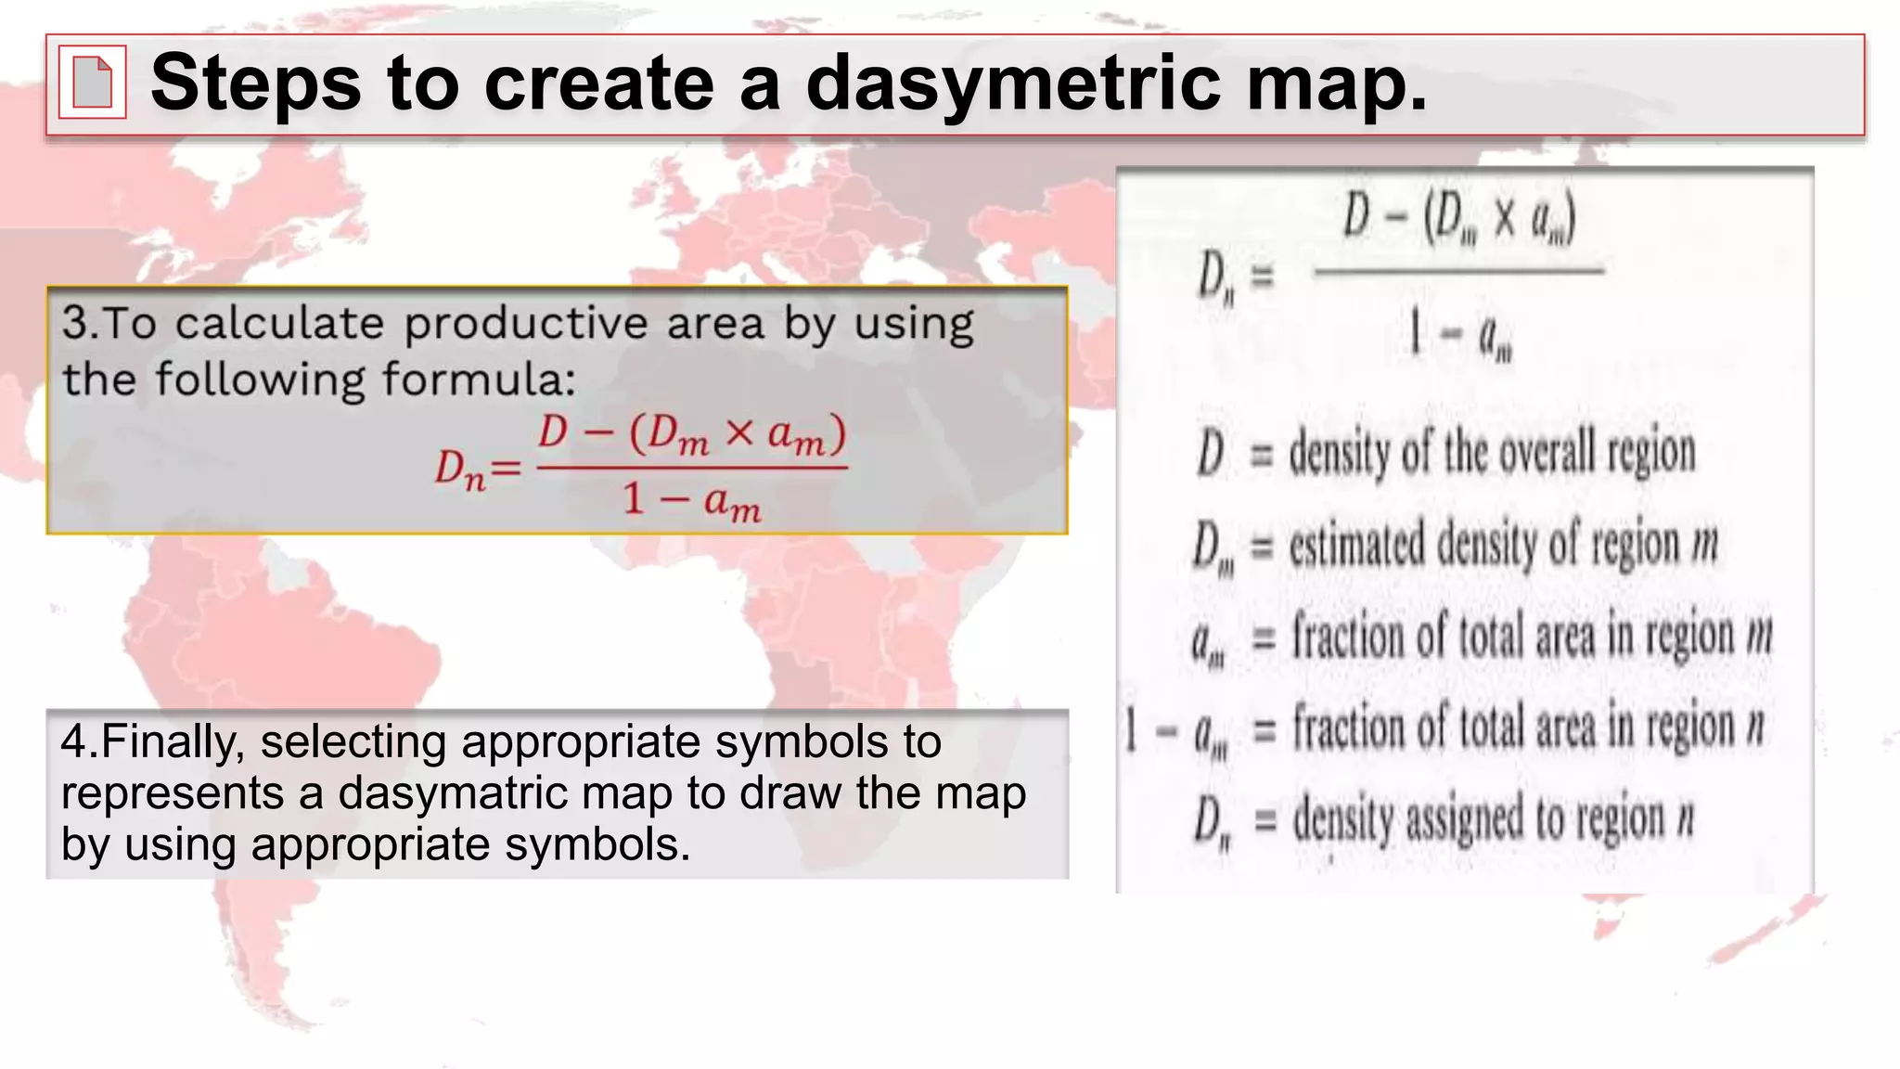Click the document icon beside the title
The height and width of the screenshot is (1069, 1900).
point(92,83)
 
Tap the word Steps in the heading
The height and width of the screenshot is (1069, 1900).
point(255,83)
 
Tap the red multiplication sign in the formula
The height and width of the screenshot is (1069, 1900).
point(738,433)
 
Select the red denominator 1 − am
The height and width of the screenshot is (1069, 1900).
point(691,502)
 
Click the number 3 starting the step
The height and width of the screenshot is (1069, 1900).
point(74,324)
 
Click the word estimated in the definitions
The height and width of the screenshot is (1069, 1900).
point(1356,544)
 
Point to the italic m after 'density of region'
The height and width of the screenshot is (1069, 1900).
point(1704,546)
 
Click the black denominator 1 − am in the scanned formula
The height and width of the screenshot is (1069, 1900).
point(1461,335)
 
